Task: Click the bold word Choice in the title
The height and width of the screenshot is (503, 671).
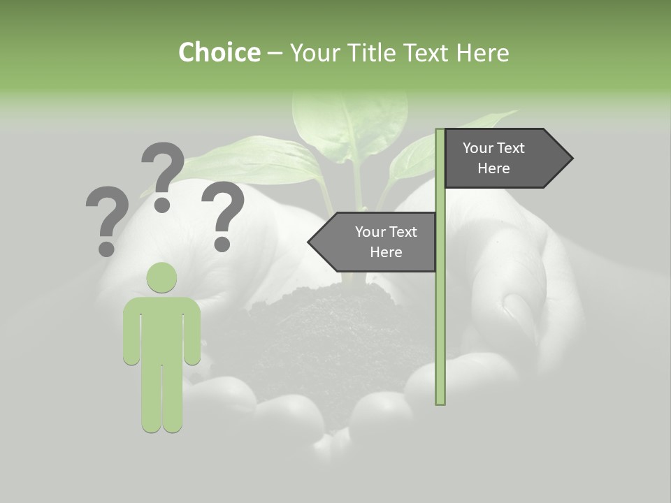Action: [x=219, y=52]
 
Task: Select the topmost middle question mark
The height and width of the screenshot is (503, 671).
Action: [x=162, y=175]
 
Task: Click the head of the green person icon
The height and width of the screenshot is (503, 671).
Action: [x=161, y=277]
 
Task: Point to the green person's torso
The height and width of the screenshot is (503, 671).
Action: [x=161, y=328]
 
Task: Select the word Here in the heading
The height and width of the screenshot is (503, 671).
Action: [x=483, y=52]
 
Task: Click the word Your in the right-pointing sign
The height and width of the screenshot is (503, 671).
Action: [x=478, y=148]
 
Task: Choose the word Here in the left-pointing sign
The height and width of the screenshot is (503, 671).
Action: [x=386, y=252]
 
